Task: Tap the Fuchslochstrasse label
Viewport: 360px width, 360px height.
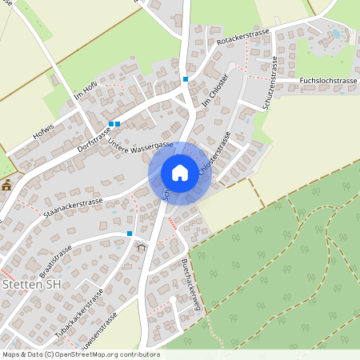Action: [328, 81]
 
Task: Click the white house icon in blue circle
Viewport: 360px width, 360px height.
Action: [180, 173]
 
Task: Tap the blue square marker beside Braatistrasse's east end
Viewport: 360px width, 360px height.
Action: [129, 233]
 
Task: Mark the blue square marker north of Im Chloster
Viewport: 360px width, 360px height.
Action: [186, 78]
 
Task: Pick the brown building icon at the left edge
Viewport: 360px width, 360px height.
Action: [6, 185]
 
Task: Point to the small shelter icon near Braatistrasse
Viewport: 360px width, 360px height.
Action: [142, 246]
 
